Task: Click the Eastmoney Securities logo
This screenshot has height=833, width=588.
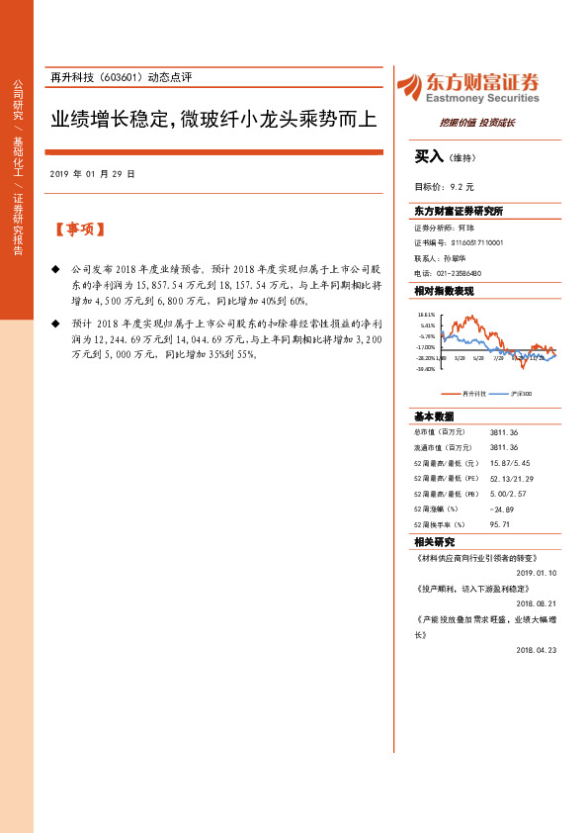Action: pyautogui.click(x=467, y=88)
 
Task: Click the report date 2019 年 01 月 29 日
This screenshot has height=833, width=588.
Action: pyautogui.click(x=92, y=173)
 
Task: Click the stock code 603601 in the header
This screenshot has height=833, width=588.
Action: pyautogui.click(x=122, y=76)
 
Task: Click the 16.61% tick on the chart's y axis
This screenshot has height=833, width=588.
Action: pyautogui.click(x=426, y=314)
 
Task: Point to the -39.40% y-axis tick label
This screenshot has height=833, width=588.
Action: pyautogui.click(x=426, y=369)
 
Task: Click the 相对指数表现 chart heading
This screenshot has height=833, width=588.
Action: pyautogui.click(x=444, y=292)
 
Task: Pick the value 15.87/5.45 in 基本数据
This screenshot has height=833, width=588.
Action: pyautogui.click(x=511, y=462)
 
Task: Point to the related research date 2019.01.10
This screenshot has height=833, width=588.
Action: pyautogui.click(x=537, y=572)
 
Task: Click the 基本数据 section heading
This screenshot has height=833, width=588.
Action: pyautogui.click(x=434, y=416)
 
